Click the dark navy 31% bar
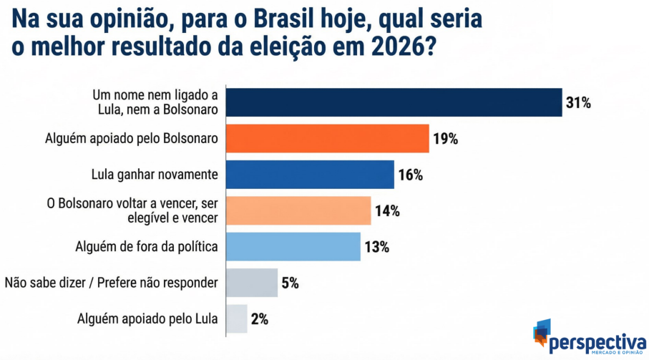394,102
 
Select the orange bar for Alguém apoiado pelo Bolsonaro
328,138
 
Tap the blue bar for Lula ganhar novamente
310,175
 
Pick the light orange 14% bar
298,210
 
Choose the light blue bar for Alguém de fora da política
293,247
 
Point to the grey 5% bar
252,283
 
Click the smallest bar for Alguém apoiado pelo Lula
237,318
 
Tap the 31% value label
578,102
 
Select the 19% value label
445,139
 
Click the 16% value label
411,175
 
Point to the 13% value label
376,247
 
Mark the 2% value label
260,319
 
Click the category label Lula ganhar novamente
155,175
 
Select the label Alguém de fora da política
147,247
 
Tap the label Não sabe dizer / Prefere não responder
112,283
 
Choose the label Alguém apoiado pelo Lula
147,318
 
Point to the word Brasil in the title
293,19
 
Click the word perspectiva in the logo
597,343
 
